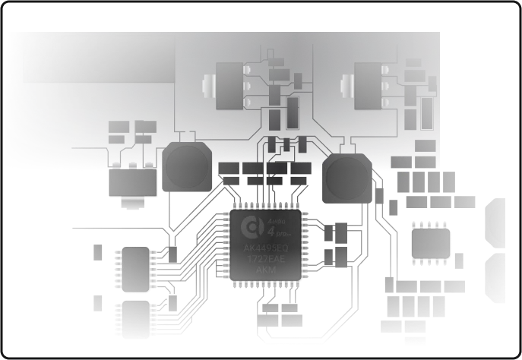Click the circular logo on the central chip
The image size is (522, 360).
[x=250, y=227]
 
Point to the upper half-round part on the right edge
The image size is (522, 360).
[x=497, y=223]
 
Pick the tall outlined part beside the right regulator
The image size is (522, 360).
[x=427, y=110]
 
